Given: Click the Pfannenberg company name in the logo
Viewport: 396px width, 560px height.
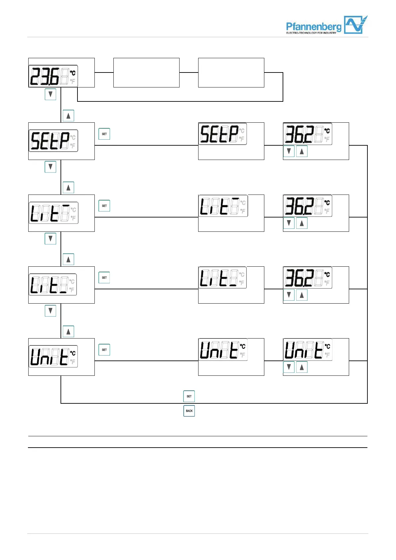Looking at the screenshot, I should pyautogui.click(x=313, y=26).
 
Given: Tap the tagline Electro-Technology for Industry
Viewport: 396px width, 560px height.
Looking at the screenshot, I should pyautogui.click(x=311, y=33).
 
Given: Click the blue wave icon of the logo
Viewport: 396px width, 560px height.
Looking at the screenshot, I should pyautogui.click(x=355, y=25).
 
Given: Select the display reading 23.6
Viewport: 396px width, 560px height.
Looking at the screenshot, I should pyautogui.click(x=53, y=76).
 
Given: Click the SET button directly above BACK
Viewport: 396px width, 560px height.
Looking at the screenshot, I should pyautogui.click(x=189, y=396).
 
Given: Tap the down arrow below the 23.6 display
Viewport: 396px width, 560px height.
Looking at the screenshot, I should pyautogui.click(x=51, y=94).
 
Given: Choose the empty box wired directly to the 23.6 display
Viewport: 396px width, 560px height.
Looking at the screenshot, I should pyautogui.click(x=146, y=72).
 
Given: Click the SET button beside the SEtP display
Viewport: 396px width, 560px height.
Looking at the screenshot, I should pyautogui.click(x=104, y=134).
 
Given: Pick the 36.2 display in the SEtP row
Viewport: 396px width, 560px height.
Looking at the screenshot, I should pyautogui.click(x=308, y=134).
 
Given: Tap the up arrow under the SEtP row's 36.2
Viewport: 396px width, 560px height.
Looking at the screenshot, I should pyautogui.click(x=302, y=152).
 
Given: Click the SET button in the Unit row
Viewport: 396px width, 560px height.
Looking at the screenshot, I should pyautogui.click(x=104, y=350).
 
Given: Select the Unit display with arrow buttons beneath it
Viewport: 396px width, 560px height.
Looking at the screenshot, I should pyautogui.click(x=308, y=350).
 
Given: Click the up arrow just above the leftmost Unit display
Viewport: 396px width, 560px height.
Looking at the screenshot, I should pyautogui.click(x=68, y=332).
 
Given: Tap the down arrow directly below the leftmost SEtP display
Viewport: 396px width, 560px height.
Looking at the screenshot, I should pyautogui.click(x=51, y=167).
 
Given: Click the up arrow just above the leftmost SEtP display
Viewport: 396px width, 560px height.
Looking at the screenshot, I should pyautogui.click(x=68, y=116).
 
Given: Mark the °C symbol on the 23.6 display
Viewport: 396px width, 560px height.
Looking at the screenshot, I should pyautogui.click(x=73, y=73).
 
